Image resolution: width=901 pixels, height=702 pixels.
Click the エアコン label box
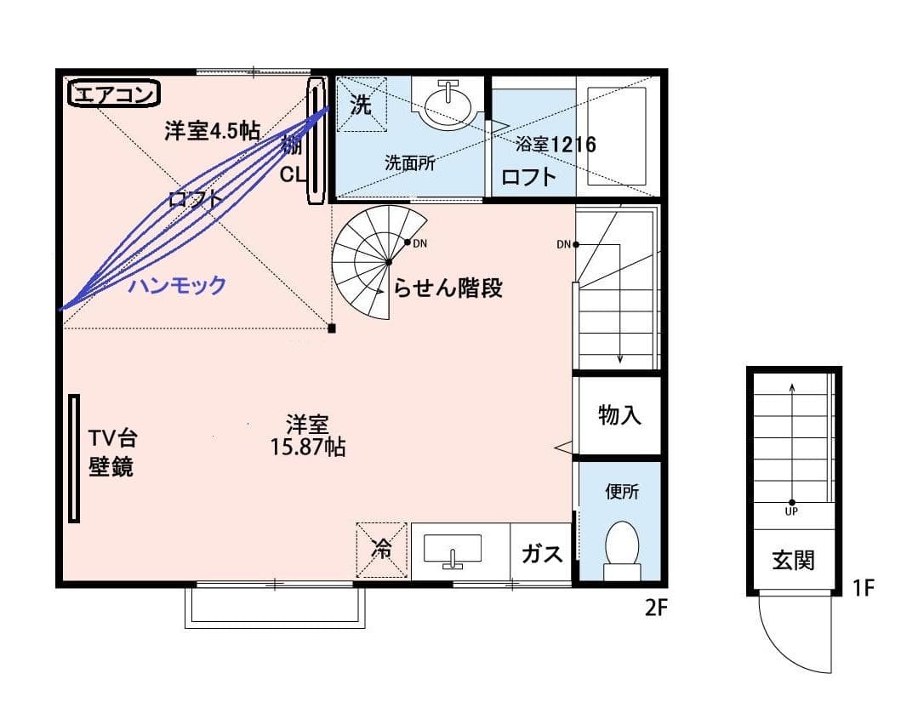click(x=114, y=94)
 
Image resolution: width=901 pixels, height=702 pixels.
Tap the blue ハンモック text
click(x=177, y=285)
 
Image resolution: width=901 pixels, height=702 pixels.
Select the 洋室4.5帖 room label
click(x=212, y=131)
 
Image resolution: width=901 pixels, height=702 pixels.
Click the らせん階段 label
click(x=448, y=288)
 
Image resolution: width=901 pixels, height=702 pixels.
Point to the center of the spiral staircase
click(x=389, y=262)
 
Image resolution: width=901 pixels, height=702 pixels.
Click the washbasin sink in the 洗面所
click(x=448, y=105)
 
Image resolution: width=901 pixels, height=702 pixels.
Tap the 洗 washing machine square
click(x=361, y=104)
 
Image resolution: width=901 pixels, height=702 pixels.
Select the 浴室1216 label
click(x=556, y=144)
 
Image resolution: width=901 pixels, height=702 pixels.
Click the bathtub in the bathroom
click(x=617, y=136)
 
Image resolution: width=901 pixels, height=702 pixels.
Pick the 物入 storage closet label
click(x=619, y=414)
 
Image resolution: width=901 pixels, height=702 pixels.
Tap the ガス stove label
click(x=541, y=554)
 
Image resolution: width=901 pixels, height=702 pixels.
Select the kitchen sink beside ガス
click(x=453, y=551)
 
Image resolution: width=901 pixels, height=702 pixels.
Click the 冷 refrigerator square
click(x=381, y=550)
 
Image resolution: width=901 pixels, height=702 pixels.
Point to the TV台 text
click(x=112, y=438)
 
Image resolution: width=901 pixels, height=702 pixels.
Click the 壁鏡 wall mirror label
click(x=111, y=466)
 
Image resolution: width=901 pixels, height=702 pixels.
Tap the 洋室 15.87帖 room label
click(x=308, y=436)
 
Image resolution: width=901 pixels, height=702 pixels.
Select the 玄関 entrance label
click(x=793, y=560)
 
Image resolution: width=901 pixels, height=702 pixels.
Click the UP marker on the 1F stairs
click(x=792, y=511)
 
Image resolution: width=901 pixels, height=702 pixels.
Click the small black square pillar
click(x=332, y=328)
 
